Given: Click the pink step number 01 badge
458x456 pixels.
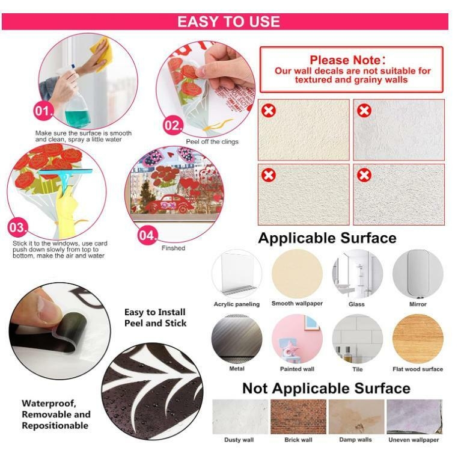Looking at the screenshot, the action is pyautogui.click(x=43, y=111).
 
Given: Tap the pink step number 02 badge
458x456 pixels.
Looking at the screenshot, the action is pyautogui.click(x=173, y=126).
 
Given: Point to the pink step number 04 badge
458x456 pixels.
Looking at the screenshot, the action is pyautogui.click(x=147, y=235).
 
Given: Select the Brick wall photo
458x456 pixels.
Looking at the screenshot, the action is pyautogui.click(x=298, y=416).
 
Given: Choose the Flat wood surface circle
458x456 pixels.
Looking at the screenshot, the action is pyautogui.click(x=418, y=339).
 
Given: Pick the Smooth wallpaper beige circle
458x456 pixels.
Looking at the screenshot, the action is pyautogui.click(x=297, y=274).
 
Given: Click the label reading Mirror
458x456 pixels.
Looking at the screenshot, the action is pyautogui.click(x=418, y=304).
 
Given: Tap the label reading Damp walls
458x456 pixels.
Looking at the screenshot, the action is pyautogui.click(x=355, y=440).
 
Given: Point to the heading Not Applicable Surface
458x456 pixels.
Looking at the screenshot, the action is pyautogui.click(x=326, y=389).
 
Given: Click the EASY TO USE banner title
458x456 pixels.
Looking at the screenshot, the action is pyautogui.click(x=229, y=22).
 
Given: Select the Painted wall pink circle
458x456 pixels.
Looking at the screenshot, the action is pyautogui.click(x=297, y=339).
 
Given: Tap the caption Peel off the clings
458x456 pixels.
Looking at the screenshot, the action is pyautogui.click(x=212, y=142).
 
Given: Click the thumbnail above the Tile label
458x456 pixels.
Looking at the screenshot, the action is pyautogui.click(x=358, y=339).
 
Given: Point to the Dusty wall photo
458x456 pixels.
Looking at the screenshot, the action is pyautogui.click(x=240, y=416).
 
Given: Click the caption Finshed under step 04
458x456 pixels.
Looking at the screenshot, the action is pyautogui.click(x=173, y=248).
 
